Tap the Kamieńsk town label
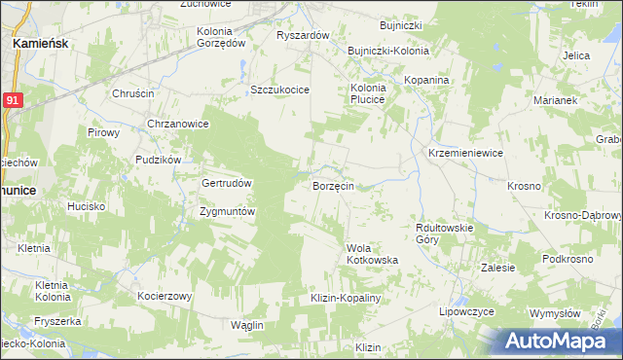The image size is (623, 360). [x=38, y=44]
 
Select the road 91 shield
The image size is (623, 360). [x=11, y=99]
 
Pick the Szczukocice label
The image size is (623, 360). [x=279, y=90]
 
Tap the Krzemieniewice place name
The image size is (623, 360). [x=465, y=153]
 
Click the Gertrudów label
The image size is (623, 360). [x=227, y=183]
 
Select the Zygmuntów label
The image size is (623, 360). [x=226, y=211]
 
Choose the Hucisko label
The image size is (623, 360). [x=86, y=206]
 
